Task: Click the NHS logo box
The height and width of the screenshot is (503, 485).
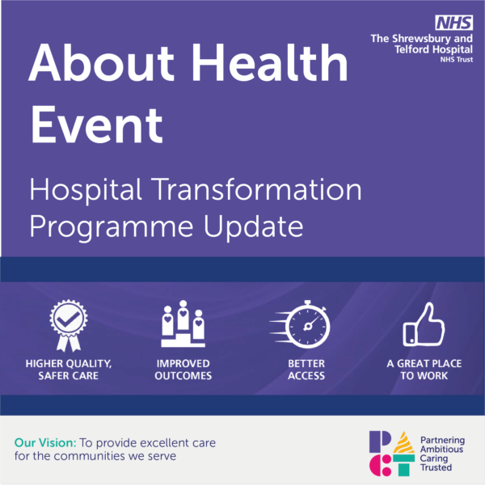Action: pos(449,23)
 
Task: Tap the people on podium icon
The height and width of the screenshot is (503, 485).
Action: pos(183,322)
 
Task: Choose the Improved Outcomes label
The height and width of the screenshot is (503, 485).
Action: pos(183,370)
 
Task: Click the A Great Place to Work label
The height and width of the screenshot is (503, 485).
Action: pos(424,370)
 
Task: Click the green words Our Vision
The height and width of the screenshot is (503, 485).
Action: pos(45,443)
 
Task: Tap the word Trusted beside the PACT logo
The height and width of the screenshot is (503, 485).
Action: pos(436,467)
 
